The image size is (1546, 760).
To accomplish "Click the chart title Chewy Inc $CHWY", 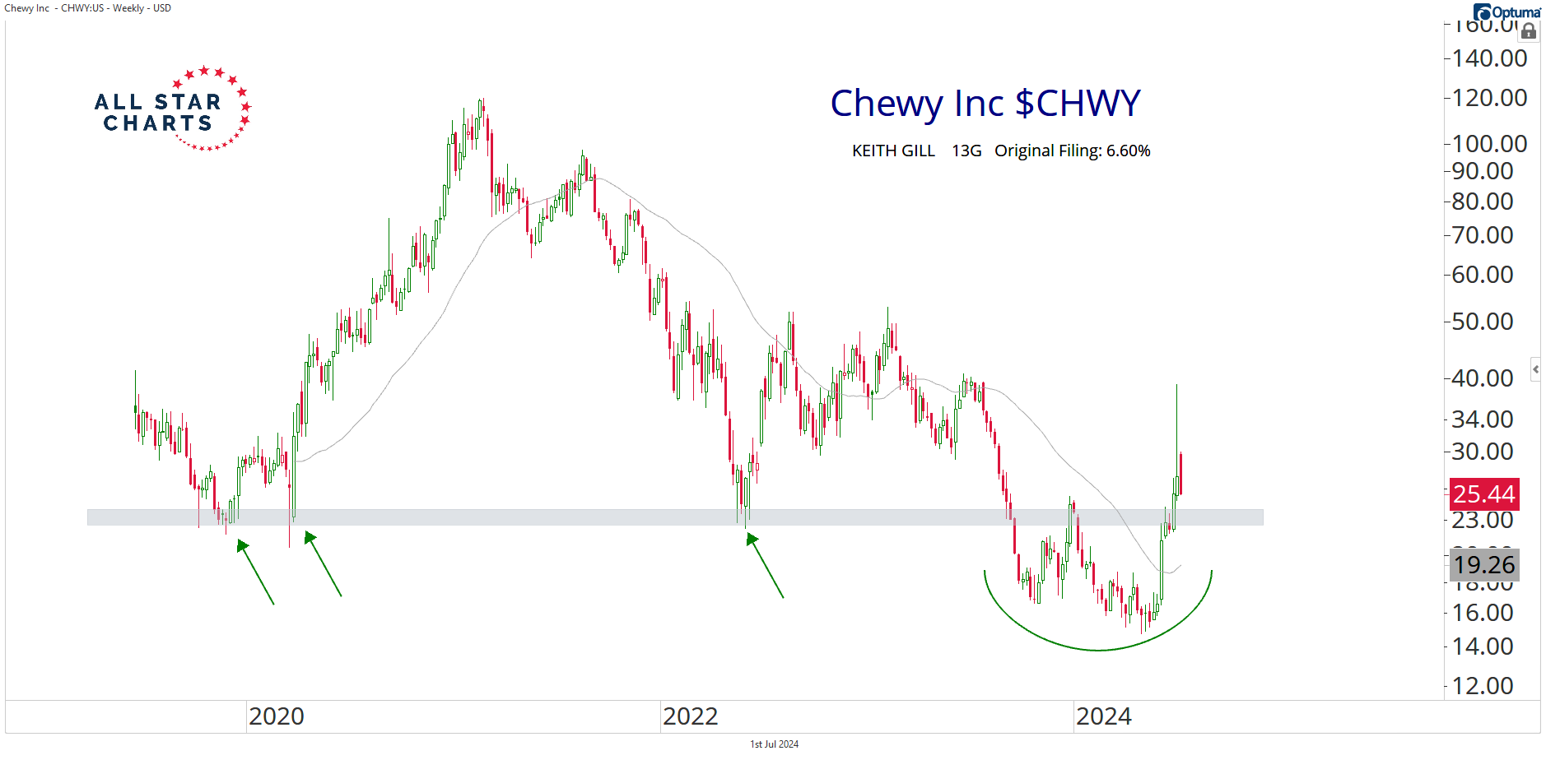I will [985, 104].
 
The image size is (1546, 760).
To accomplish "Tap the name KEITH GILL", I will [893, 151].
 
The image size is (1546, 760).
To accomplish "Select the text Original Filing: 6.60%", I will [1072, 151].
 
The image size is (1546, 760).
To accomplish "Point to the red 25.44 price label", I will [1483, 494].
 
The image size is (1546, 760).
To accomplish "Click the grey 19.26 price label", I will [1483, 565].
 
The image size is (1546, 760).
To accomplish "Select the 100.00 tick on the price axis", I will [1489, 144].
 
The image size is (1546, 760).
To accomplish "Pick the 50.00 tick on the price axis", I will [1482, 322].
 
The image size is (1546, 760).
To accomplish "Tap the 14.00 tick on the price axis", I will [1482, 646].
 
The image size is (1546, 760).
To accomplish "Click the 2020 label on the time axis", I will [277, 716].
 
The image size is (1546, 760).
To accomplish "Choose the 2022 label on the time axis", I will [690, 716].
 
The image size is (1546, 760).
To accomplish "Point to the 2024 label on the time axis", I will [1103, 716].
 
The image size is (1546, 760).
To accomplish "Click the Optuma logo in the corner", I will [1506, 12].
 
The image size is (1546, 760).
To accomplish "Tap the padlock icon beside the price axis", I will [1529, 31].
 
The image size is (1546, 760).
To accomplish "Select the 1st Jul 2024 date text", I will [774, 744].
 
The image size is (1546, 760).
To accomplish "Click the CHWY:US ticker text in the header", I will [82, 8].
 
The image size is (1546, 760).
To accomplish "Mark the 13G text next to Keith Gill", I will [966, 151].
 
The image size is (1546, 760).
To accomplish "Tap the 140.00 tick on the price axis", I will [1489, 58].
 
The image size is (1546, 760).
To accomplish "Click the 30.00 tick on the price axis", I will [1482, 452].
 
